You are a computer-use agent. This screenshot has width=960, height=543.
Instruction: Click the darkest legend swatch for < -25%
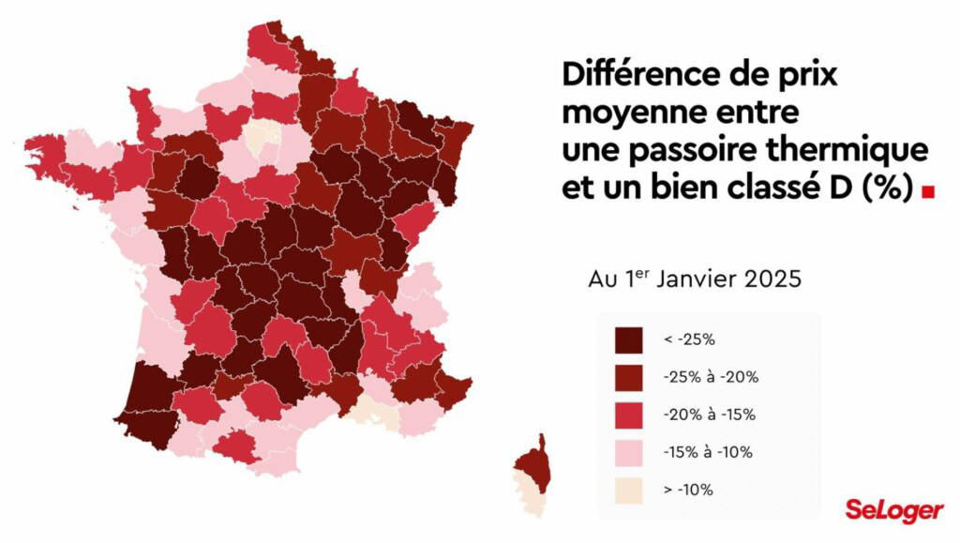click(x=628, y=339)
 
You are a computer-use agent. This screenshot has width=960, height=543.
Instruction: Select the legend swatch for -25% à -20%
click(x=628, y=377)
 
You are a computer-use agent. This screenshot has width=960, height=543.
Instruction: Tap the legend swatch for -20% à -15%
click(x=628, y=415)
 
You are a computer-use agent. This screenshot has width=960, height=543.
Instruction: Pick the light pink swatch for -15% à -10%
click(x=628, y=452)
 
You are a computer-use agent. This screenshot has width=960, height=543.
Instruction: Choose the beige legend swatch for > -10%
click(x=628, y=490)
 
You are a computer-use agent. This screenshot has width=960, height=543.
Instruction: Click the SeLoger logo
click(x=892, y=510)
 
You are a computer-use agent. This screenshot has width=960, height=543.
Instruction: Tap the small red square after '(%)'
click(x=928, y=191)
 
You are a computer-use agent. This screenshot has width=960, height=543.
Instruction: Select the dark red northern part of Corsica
click(x=536, y=462)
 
